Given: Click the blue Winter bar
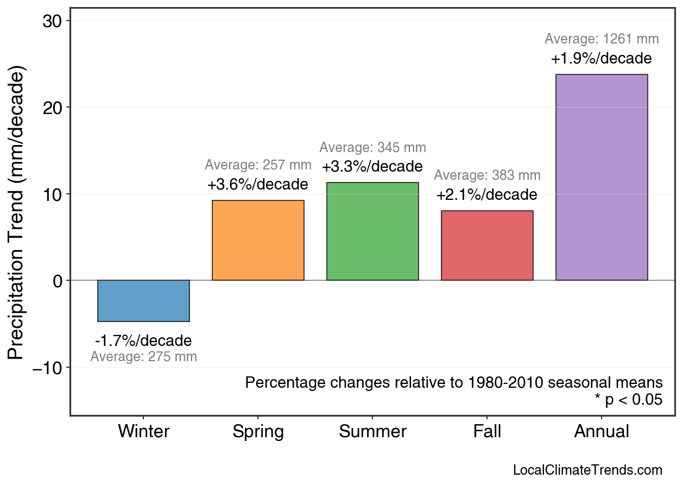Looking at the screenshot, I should pyautogui.click(x=143, y=301).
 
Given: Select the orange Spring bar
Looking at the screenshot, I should pyautogui.click(x=258, y=241).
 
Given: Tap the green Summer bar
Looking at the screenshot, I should pyautogui.click(x=372, y=231).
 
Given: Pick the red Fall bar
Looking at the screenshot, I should pyautogui.click(x=487, y=245).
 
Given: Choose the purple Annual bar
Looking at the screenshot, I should pyautogui.click(x=602, y=178).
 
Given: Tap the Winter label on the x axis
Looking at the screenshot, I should pyautogui.click(x=143, y=431).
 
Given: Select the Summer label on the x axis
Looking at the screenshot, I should pyautogui.click(x=372, y=431).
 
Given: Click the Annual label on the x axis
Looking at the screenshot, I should pyautogui.click(x=602, y=431).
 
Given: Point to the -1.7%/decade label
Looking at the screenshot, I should pyautogui.click(x=143, y=341).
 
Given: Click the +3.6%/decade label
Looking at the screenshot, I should pyautogui.click(x=258, y=185).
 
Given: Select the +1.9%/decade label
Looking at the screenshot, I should pyautogui.click(x=602, y=59).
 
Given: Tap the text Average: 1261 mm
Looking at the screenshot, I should pyautogui.click(x=602, y=39).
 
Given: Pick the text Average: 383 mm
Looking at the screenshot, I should pyautogui.click(x=487, y=175).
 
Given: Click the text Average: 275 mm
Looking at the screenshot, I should pyautogui.click(x=143, y=357).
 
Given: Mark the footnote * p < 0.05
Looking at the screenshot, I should pyautogui.click(x=628, y=400).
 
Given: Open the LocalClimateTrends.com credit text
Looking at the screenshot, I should pyautogui.click(x=587, y=470).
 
